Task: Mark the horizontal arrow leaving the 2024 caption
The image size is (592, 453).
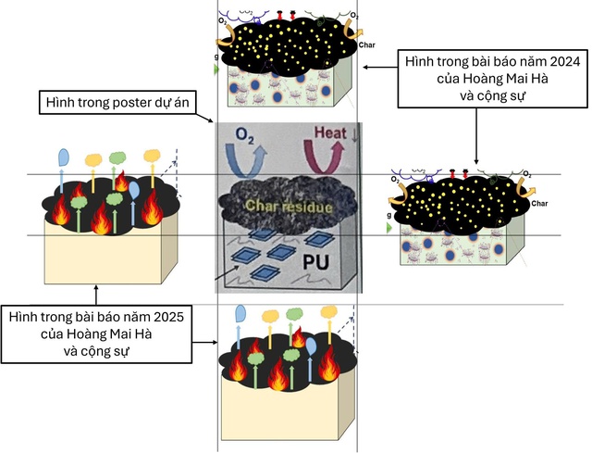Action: point(379,67)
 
